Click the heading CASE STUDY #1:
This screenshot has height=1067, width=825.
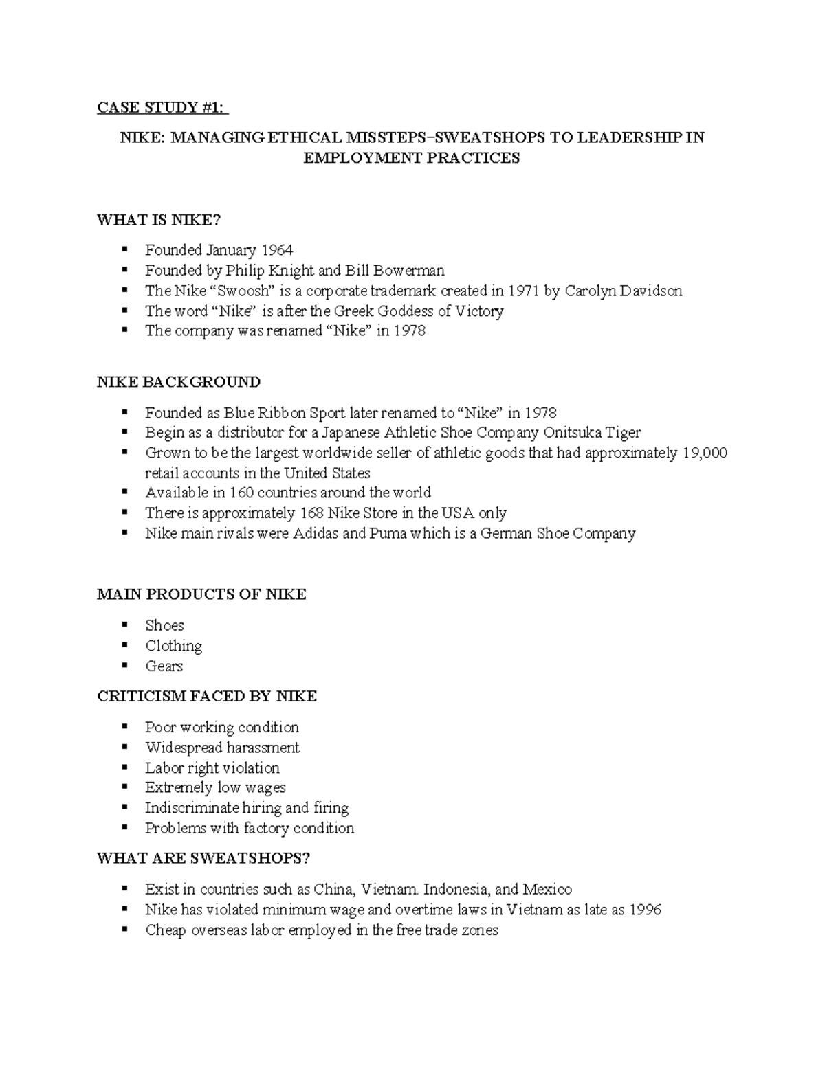coord(162,108)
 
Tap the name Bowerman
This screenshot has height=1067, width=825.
coord(409,270)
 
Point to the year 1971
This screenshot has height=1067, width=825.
coord(524,291)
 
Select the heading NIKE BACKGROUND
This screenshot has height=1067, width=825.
coord(179,382)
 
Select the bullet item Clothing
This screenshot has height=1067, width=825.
coord(173,646)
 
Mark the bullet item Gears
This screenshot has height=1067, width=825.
coord(164,666)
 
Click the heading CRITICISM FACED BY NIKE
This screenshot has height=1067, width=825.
coord(207,697)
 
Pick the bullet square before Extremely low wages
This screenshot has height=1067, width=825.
coord(124,787)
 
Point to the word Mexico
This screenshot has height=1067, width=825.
coord(547,889)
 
